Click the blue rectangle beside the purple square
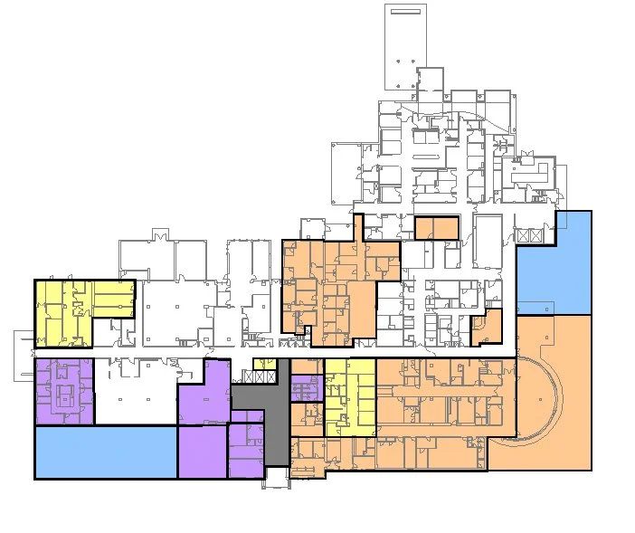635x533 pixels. click(105, 451)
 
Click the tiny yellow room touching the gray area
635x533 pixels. click(265, 364)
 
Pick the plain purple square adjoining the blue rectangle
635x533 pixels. click(202, 452)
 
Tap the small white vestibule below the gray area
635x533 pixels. click(277, 477)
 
